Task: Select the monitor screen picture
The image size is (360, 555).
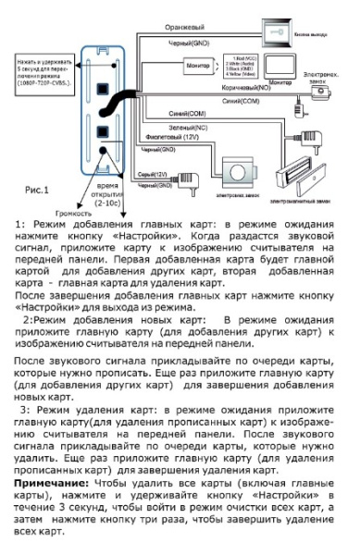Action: [x=267, y=62]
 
